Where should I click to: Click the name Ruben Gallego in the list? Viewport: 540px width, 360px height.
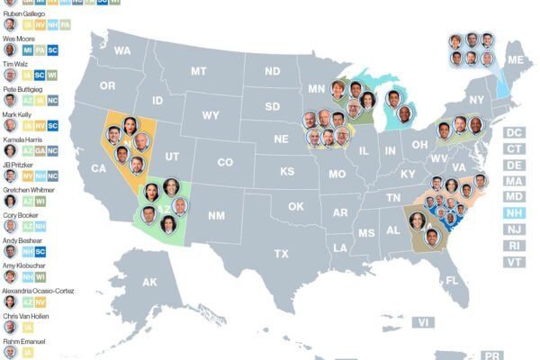pos(24,13)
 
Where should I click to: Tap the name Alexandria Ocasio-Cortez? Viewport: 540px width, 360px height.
pos(38,292)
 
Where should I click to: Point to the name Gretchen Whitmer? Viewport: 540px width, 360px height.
pos(27,190)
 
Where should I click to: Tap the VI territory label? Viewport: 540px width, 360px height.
pos(423,321)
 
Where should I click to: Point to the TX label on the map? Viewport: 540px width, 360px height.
pos(282,254)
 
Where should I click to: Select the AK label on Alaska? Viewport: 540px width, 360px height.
pos(149,282)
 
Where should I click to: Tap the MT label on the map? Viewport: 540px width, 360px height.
pos(199,70)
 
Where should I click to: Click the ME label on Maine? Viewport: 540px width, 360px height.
pos(515,60)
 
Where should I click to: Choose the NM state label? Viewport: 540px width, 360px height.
pos(216,215)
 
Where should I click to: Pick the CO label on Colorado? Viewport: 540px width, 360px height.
pos(225,163)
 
